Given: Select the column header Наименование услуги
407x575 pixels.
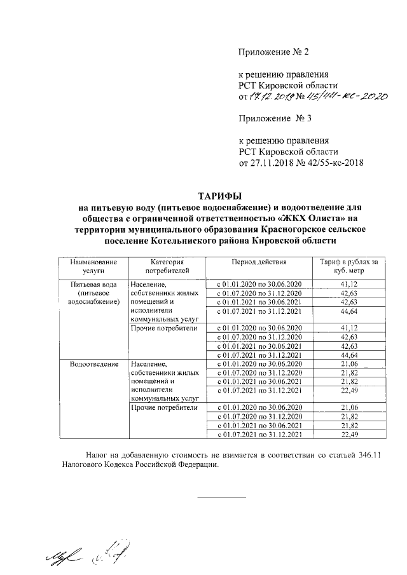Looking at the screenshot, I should coord(93,266).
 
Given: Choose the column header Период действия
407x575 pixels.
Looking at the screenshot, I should coord(259,262).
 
